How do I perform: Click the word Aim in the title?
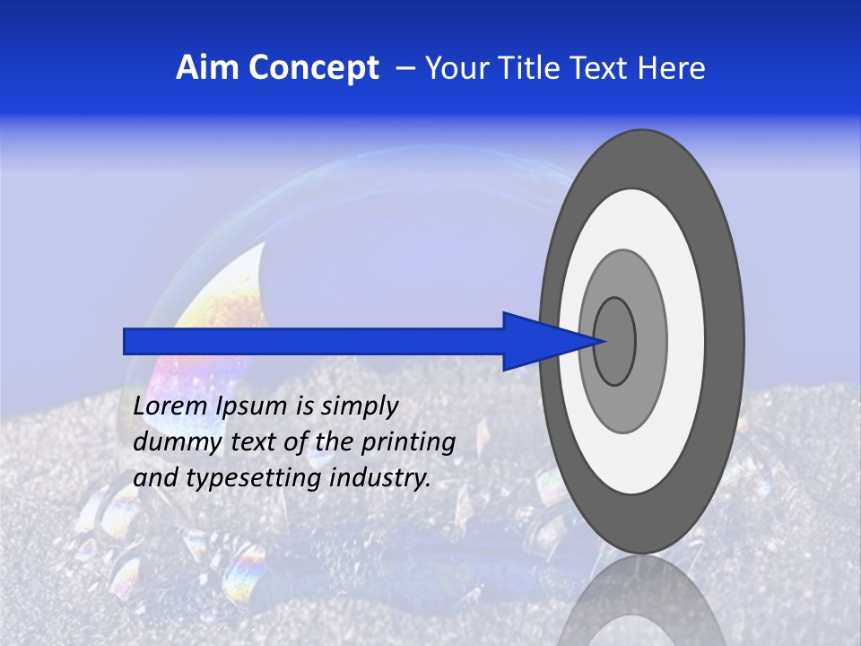207,68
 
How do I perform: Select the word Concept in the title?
313,69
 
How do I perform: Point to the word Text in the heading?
603,68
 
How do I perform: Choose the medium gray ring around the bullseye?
651,341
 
